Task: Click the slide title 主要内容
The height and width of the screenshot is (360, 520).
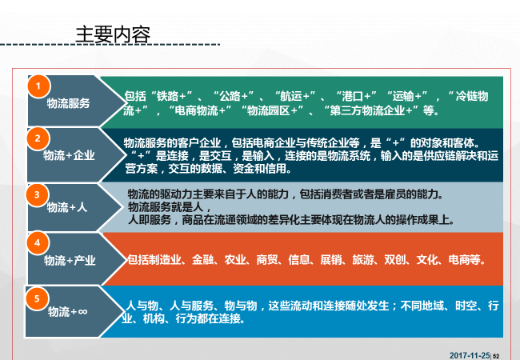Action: [113, 35]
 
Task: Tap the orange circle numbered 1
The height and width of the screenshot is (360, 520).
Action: [38, 86]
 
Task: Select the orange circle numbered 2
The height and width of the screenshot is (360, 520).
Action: [38, 138]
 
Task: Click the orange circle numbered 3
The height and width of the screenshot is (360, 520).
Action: [37, 194]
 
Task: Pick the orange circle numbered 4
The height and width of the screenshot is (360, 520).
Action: [38, 243]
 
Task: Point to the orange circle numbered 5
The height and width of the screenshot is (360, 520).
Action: [37, 298]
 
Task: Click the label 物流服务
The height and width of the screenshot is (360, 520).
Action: [68, 103]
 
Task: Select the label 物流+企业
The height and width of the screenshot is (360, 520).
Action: [69, 155]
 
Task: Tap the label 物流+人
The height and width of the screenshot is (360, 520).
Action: [67, 207]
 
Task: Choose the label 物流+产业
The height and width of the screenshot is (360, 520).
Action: [70, 261]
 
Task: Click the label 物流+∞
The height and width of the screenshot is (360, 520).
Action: [68, 312]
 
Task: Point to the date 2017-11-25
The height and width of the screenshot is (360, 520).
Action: [470, 356]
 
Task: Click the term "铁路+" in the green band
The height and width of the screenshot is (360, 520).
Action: [171, 96]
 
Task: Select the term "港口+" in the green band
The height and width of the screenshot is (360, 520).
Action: [356, 96]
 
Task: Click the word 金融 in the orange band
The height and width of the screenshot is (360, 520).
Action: [203, 260]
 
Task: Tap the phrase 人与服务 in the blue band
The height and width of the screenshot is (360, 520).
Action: [191, 306]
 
